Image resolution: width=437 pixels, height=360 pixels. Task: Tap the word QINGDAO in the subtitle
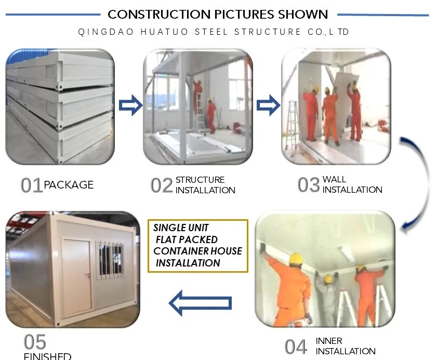[106, 32]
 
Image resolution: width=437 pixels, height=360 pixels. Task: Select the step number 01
[32, 185]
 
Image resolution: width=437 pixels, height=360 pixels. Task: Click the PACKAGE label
[69, 185]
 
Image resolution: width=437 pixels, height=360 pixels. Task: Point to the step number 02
[162, 185]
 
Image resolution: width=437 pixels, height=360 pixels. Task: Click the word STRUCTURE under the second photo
[200, 180]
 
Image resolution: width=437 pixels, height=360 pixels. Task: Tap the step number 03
[309, 185]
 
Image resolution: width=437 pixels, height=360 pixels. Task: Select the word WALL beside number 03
[335, 179]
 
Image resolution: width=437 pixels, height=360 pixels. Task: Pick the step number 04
[296, 347]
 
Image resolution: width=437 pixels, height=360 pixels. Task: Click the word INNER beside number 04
[329, 341]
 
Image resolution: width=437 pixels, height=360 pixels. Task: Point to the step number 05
[35, 342]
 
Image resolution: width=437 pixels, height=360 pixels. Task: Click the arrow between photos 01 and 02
[131, 105]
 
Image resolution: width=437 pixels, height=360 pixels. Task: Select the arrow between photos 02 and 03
[269, 105]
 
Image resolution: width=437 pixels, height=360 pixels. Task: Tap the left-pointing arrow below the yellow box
[200, 303]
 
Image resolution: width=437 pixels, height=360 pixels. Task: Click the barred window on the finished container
[110, 260]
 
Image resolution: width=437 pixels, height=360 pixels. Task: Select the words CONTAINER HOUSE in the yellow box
[197, 251]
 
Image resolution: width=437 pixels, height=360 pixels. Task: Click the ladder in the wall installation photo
[293, 125]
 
